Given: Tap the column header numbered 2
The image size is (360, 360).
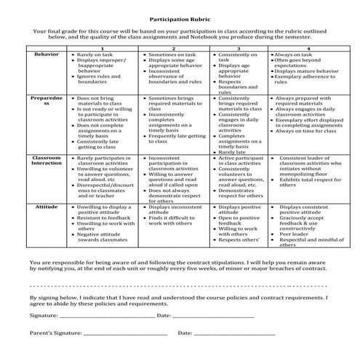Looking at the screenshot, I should point(177,48).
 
